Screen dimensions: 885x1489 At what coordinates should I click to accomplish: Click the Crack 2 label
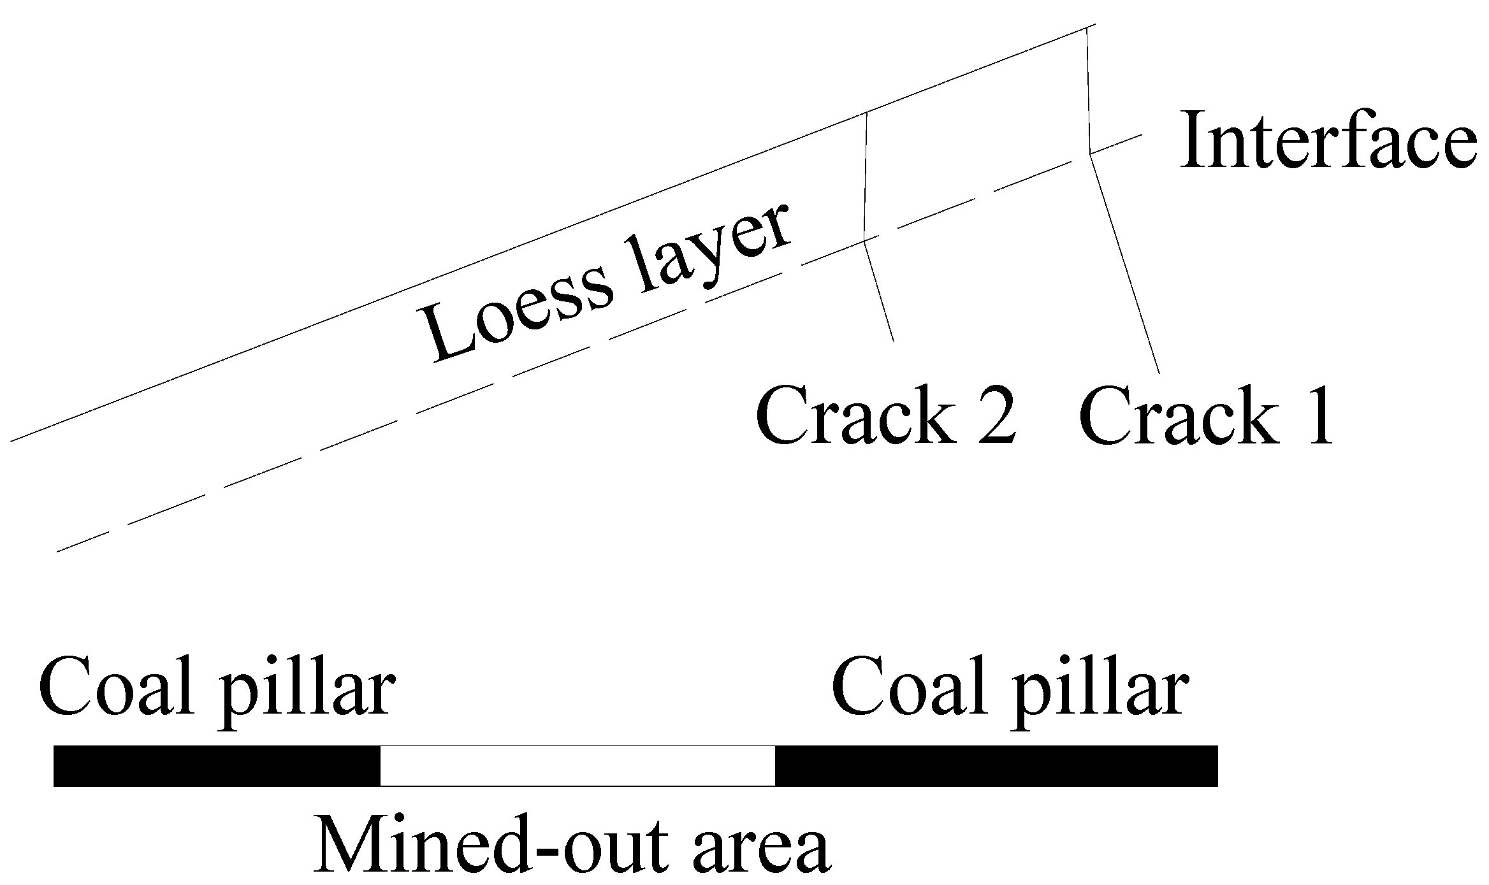pos(885,415)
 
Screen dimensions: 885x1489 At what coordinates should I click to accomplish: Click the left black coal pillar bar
pos(217,766)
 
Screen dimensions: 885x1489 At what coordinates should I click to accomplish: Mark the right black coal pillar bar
pos(996,766)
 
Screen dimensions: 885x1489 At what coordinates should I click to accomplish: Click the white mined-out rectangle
pos(577,766)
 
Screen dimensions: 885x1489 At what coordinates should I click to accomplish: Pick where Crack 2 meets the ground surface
pos(866,113)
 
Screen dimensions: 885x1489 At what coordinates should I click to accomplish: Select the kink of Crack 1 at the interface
pos(1090,154)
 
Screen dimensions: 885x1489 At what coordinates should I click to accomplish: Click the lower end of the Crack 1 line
pos(1159,373)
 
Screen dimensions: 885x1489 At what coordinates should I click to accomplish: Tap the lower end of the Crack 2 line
pos(893,341)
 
